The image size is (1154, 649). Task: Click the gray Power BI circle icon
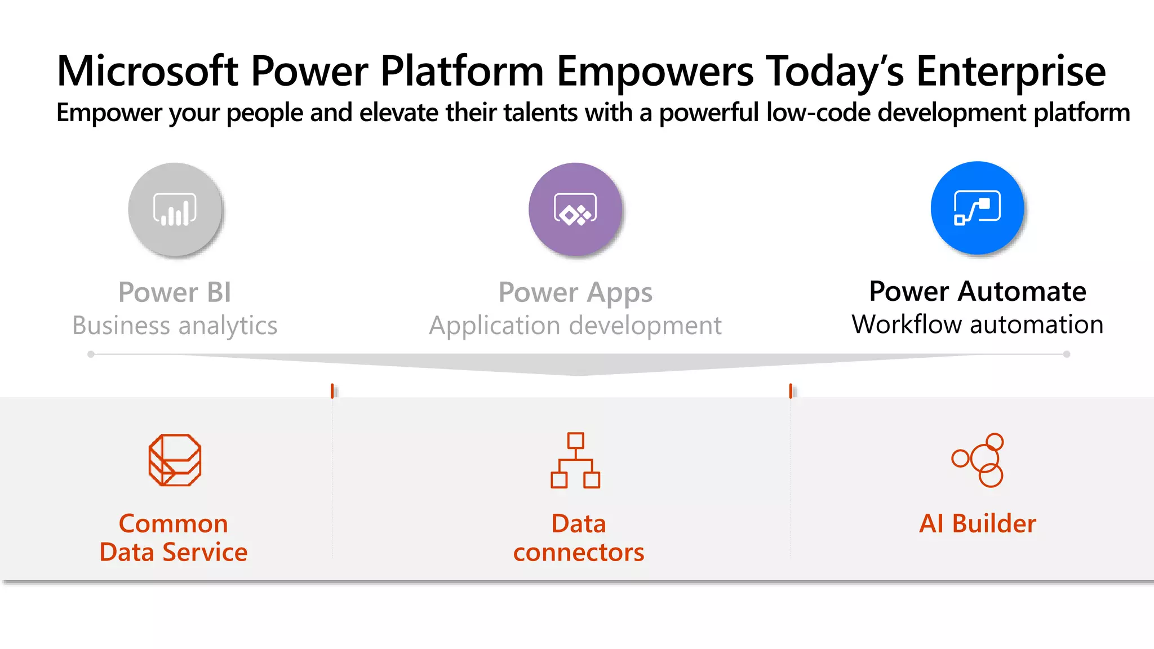click(x=175, y=210)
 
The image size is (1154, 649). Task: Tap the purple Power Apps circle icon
click(x=575, y=210)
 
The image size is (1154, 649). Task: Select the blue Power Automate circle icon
click(x=977, y=208)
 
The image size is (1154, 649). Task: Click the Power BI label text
click(x=175, y=292)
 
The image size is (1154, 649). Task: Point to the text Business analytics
click(x=175, y=326)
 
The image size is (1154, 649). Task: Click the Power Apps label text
click(x=575, y=292)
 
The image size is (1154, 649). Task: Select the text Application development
click(x=575, y=326)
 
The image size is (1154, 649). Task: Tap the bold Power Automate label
click(x=977, y=291)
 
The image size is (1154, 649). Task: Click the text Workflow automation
click(x=977, y=324)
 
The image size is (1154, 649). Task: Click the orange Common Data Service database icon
click(x=175, y=460)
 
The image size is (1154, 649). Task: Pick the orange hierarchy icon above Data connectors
click(x=575, y=460)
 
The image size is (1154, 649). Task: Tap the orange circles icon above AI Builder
click(x=978, y=460)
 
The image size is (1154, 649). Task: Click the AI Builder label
click(x=977, y=523)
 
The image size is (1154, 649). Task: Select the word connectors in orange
click(x=578, y=553)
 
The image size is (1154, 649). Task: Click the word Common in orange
click(x=174, y=524)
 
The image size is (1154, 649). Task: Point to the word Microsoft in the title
click(x=148, y=71)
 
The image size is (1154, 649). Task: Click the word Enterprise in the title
click(x=1011, y=71)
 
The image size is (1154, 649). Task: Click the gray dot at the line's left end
click(x=91, y=354)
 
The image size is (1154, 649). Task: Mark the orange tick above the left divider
click(x=332, y=390)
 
